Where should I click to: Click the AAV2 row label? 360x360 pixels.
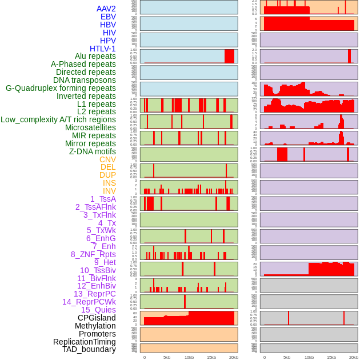[x=106, y=9]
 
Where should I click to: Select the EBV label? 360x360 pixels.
[x=108, y=17]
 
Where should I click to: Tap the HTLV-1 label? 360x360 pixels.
[x=103, y=49]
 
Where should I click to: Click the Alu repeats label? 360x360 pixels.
[x=95, y=56]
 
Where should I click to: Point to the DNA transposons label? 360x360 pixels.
[x=85, y=80]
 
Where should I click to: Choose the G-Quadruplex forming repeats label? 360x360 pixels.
[x=61, y=88]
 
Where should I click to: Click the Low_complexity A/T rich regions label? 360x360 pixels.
[x=58, y=119]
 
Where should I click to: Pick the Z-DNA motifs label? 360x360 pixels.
[x=93, y=151]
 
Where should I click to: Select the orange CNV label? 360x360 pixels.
[x=107, y=159]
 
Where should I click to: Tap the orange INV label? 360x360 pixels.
[x=109, y=191]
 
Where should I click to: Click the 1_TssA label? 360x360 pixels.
[x=103, y=199]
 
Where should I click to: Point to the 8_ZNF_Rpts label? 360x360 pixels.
[x=93, y=254]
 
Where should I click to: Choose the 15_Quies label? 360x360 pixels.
[x=98, y=310]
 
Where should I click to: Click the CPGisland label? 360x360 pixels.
[x=97, y=318]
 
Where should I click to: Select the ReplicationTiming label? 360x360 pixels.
[x=85, y=342]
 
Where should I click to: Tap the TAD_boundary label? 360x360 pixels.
[x=89, y=349]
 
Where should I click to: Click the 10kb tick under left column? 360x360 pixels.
[x=189, y=357]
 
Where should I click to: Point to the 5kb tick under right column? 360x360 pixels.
[x=287, y=357]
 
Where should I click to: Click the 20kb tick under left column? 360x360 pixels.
[x=234, y=357]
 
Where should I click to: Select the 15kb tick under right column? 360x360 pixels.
[x=331, y=357]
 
